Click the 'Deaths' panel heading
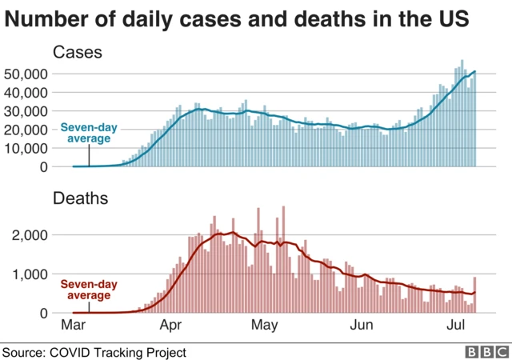80,197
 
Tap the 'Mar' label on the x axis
73,326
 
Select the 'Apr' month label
170,326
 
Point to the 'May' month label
264,326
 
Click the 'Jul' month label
455,326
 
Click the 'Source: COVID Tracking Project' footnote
94,351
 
